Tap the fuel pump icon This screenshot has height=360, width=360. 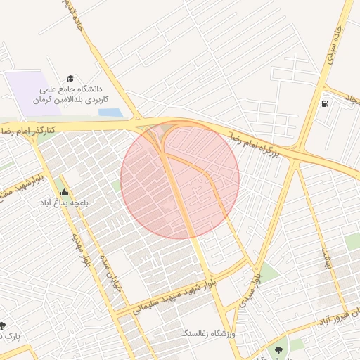tap(324, 104)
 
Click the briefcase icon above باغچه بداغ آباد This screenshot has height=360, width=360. tap(65, 193)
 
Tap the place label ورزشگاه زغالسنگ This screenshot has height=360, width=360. tap(210, 332)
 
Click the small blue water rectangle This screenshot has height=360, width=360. tap(110, 112)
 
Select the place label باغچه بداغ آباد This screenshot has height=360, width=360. tap(63, 203)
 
